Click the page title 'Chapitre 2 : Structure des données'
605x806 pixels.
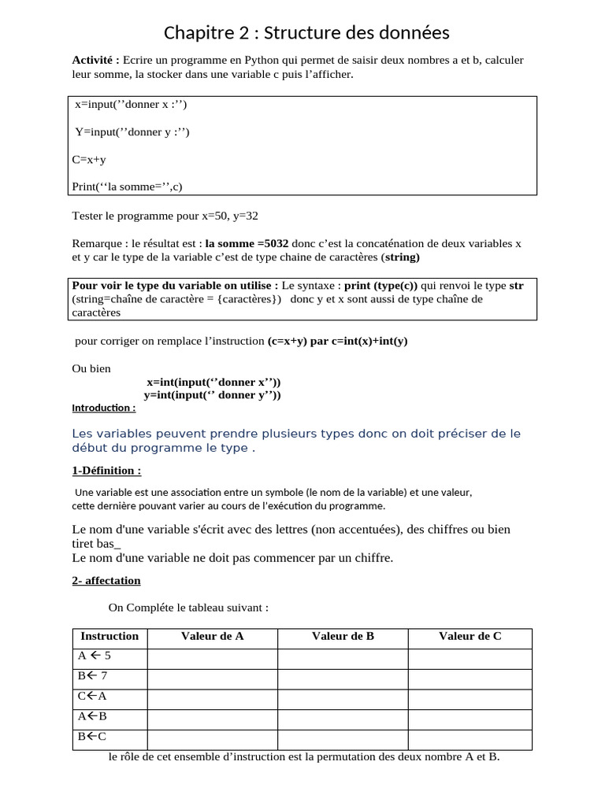(306, 33)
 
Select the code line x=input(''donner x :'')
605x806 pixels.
(131, 105)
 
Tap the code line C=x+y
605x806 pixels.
(89, 159)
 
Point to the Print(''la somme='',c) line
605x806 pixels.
(127, 187)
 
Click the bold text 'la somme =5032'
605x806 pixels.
(247, 244)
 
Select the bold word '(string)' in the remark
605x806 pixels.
(400, 257)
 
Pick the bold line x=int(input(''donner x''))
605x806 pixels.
(213, 382)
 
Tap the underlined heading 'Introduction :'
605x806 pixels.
(103, 409)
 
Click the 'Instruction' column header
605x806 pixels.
(109, 637)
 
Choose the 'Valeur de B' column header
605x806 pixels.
(343, 637)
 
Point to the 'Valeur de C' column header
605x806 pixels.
(470, 637)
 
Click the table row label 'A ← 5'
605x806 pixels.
(95, 656)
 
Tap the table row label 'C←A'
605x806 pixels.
(92, 696)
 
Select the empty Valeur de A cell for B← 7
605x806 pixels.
(212, 676)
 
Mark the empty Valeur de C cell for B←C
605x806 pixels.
(470, 738)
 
